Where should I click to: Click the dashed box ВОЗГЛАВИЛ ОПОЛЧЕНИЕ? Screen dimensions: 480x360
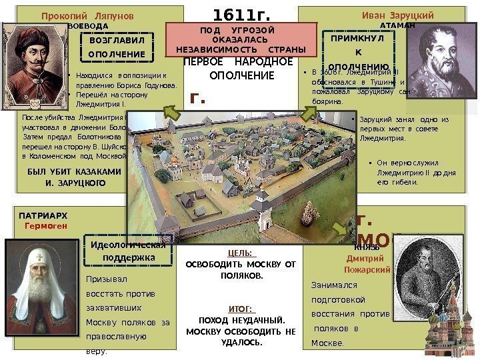pos(117,47)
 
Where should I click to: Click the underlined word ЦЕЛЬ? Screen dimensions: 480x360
pos(242,253)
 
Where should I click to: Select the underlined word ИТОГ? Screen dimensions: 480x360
pos(241,309)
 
